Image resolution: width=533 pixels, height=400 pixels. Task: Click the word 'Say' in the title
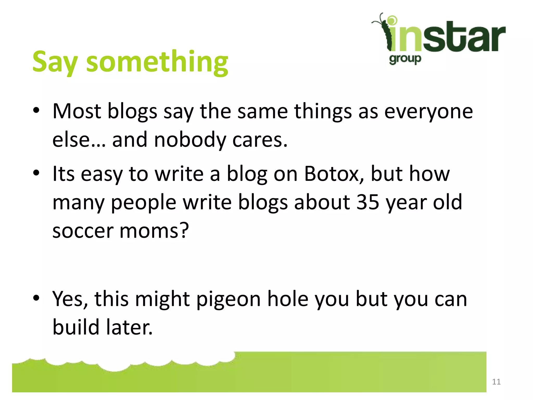point(55,62)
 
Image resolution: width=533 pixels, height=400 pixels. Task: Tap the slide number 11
point(496,382)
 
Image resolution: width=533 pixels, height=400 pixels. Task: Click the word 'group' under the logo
point(405,59)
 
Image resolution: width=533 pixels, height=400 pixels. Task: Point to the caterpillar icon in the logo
point(384,31)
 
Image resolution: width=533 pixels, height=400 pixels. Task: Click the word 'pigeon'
point(228,299)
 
